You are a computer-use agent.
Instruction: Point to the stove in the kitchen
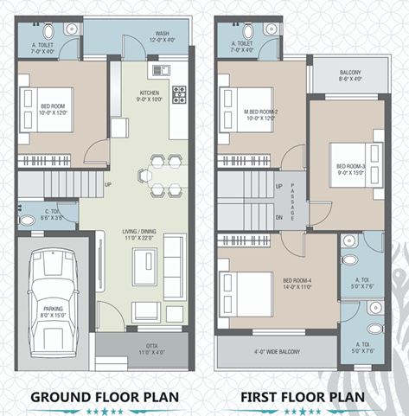[x=179, y=93]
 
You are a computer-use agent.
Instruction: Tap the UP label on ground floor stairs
[x=107, y=184]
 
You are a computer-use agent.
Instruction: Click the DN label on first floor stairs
[x=278, y=217]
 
